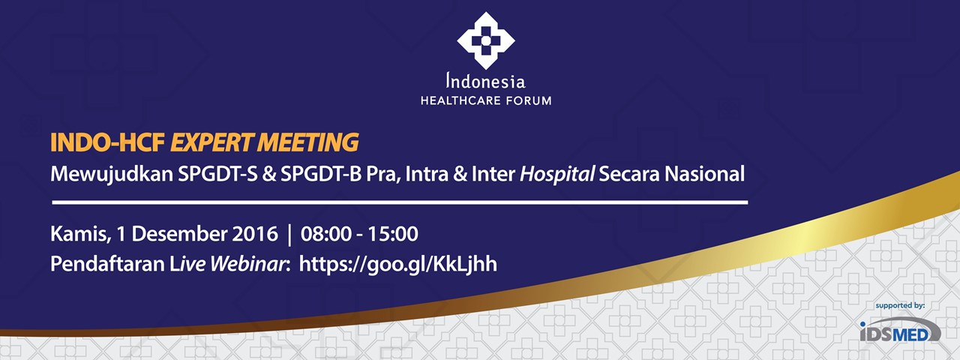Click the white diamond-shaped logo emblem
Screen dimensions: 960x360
click(485, 40)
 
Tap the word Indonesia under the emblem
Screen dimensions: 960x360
click(485, 80)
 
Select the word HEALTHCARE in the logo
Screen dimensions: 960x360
click(460, 101)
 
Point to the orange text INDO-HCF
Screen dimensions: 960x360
click(108, 142)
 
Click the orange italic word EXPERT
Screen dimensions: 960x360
click(211, 142)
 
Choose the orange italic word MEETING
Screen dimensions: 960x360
click(307, 142)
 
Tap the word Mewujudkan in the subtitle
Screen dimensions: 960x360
click(112, 175)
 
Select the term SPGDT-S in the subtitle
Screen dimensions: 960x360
click(217, 174)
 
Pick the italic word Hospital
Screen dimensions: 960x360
click(557, 175)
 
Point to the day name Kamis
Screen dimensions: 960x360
click(79, 234)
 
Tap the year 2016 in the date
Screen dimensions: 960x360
click(255, 234)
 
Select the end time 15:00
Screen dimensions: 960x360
click(393, 234)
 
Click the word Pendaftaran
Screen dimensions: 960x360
click(107, 264)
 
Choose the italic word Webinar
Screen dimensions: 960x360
click(247, 264)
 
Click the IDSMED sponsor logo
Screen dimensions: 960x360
click(900, 330)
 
